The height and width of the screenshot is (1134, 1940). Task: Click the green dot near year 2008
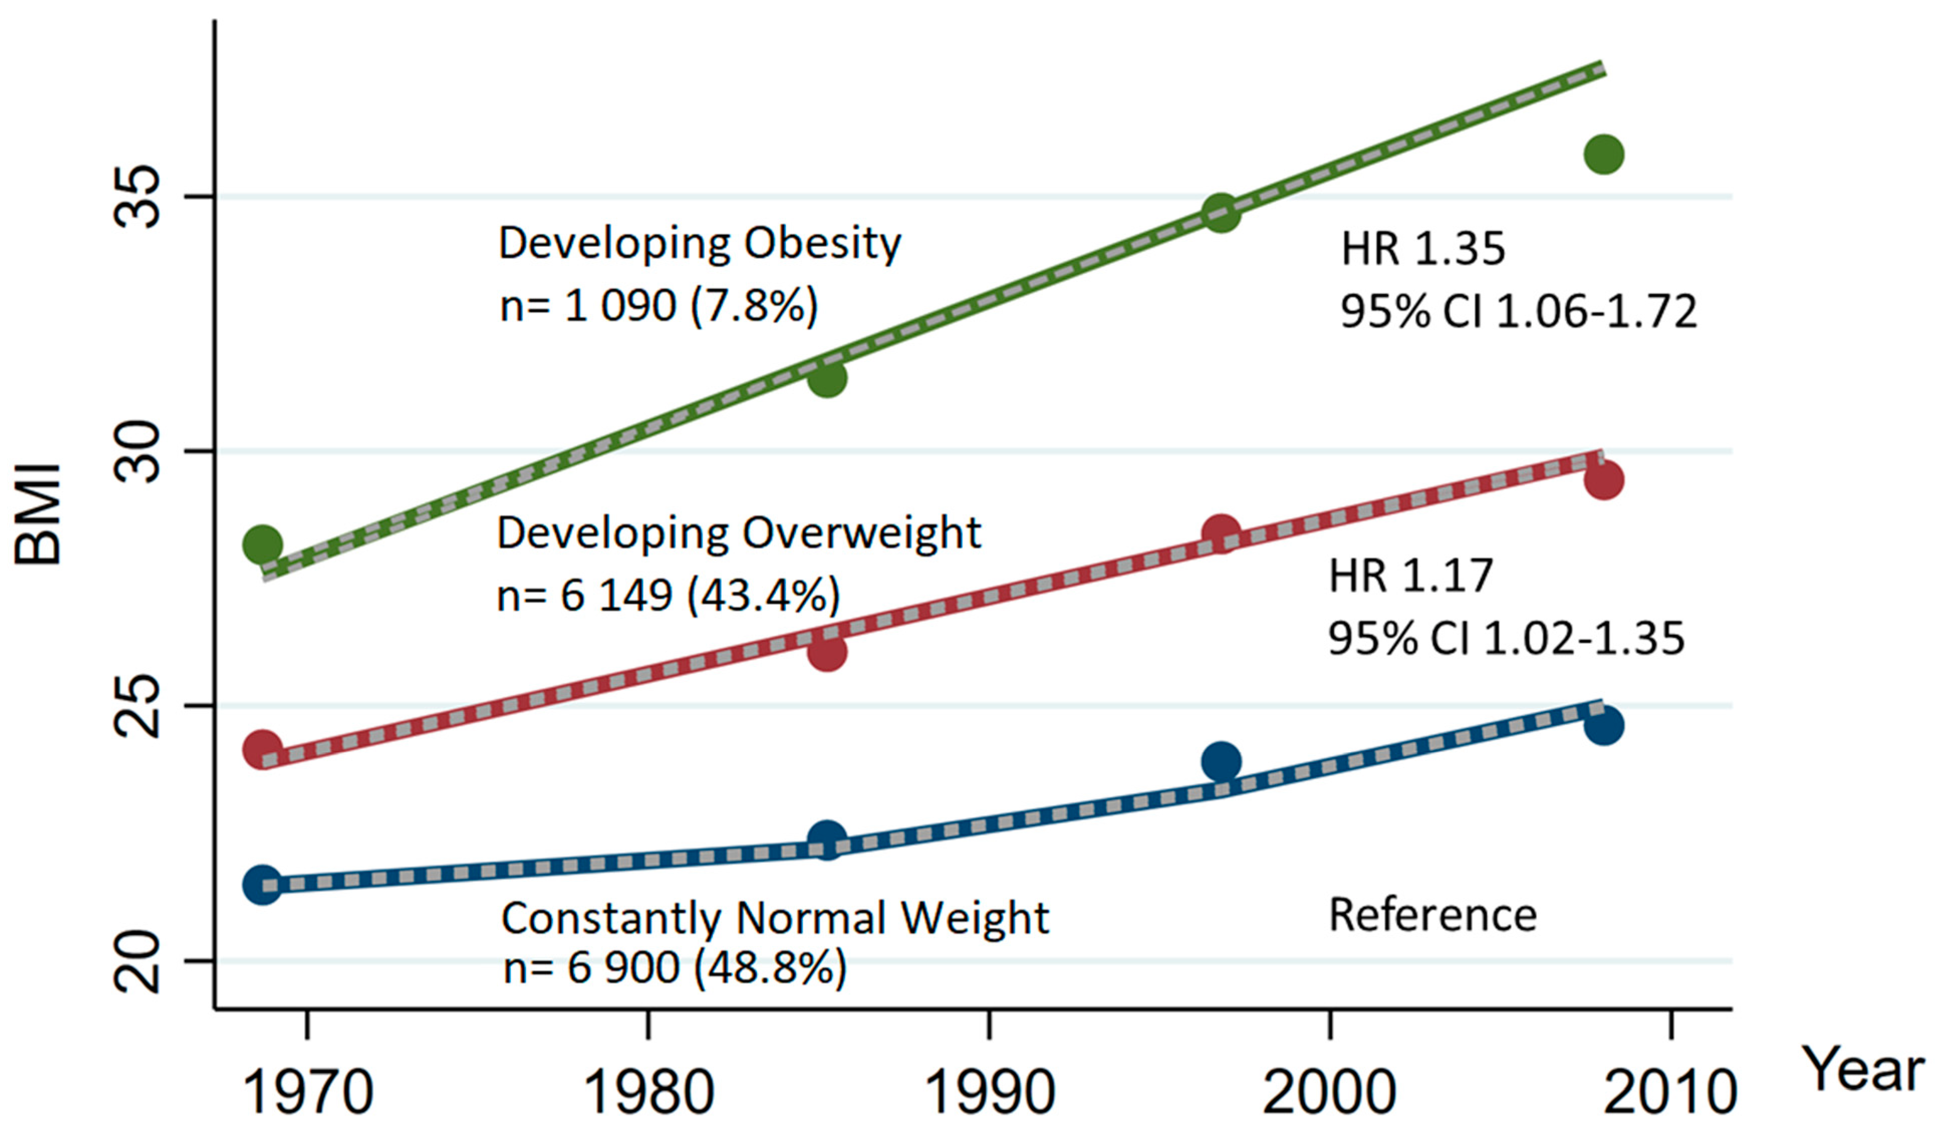pyautogui.click(x=1604, y=154)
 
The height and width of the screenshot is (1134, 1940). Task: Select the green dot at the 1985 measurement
pyautogui.click(x=827, y=378)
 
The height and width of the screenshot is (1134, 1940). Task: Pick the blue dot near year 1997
pyautogui.click(x=1221, y=761)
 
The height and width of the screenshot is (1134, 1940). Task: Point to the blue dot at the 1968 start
pyautogui.click(x=262, y=885)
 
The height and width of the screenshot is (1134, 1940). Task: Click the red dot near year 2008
pyautogui.click(x=1604, y=480)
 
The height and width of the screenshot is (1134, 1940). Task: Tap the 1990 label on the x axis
pyautogui.click(x=989, y=1092)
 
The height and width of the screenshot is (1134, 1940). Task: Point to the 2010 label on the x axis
pyautogui.click(x=1671, y=1092)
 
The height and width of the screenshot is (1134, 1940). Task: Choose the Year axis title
pyautogui.click(x=1866, y=1070)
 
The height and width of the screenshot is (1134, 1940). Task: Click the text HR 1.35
pyautogui.click(x=1423, y=249)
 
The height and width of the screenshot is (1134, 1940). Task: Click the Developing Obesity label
pyautogui.click(x=699, y=244)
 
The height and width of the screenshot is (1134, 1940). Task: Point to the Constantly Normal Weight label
pyautogui.click(x=774, y=918)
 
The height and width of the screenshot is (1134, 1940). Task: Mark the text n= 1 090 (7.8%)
pyautogui.click(x=659, y=306)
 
